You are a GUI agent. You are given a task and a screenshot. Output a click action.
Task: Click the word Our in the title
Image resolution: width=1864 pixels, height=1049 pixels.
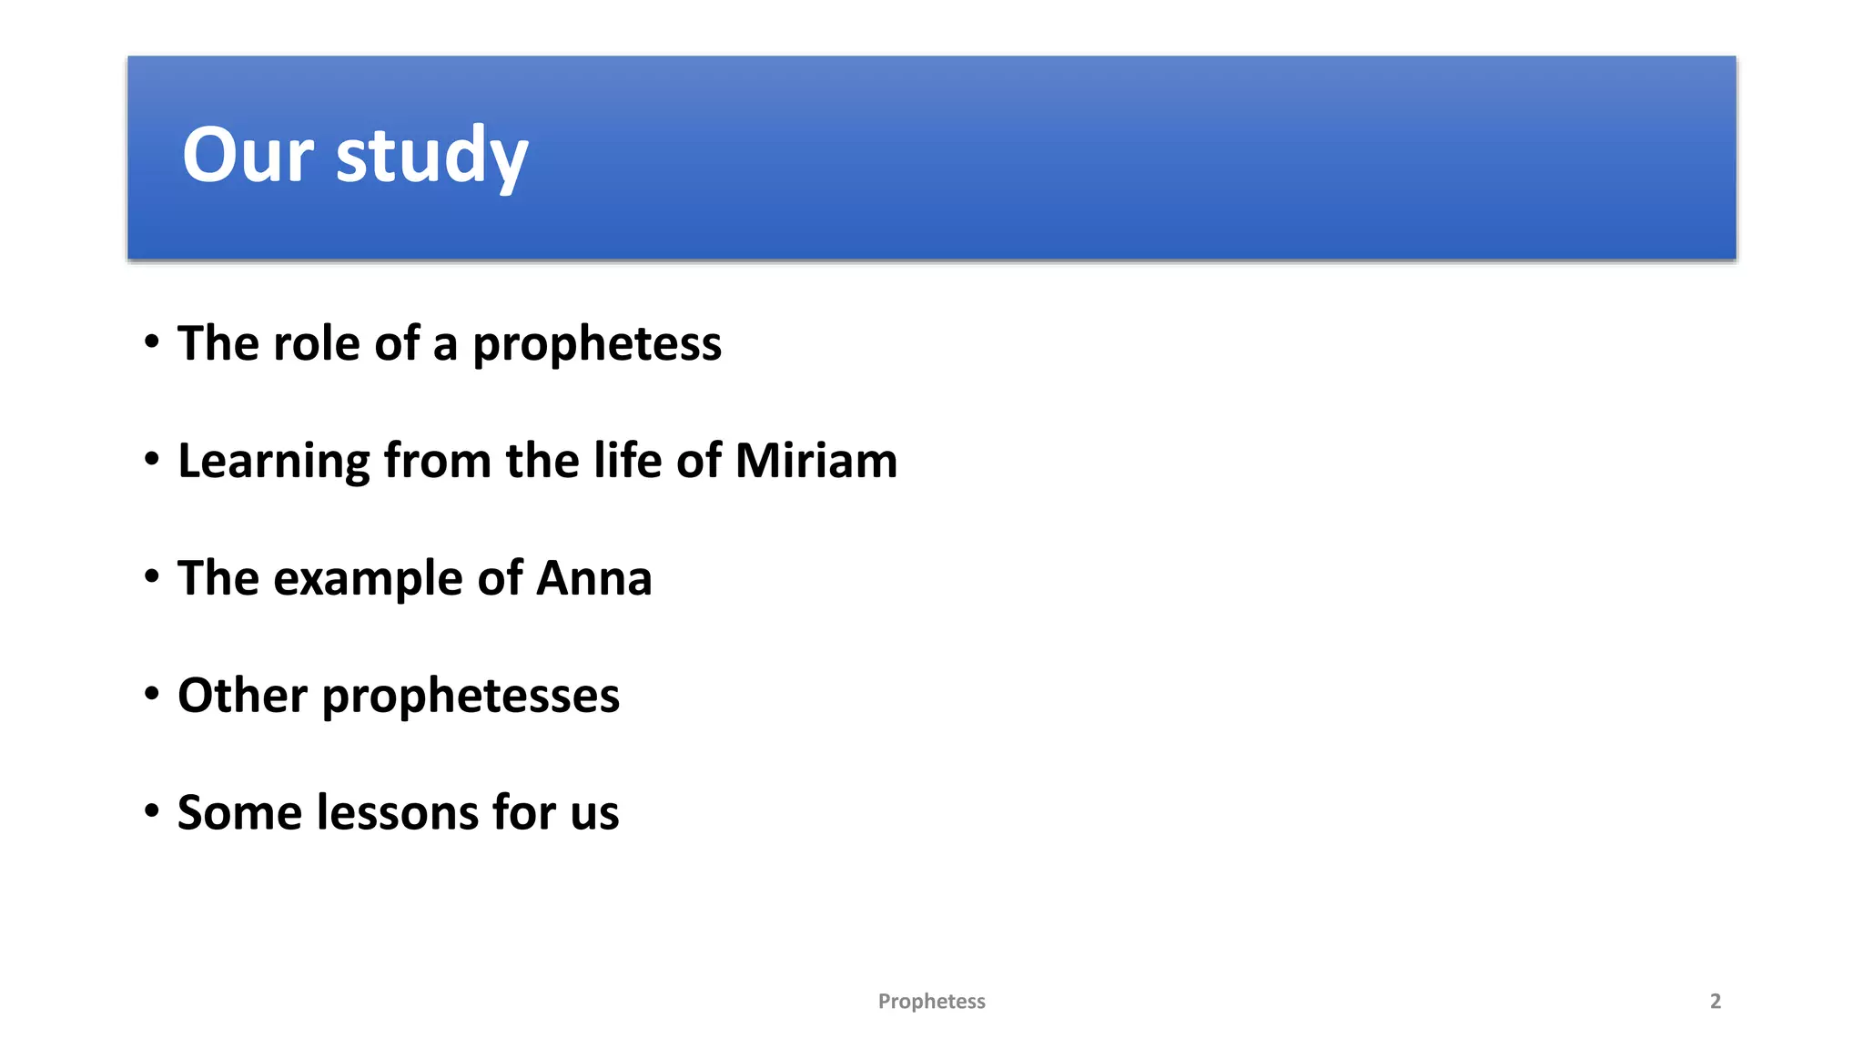coord(248,155)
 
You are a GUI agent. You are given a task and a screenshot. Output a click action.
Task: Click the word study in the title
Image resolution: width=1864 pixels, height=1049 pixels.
coord(431,157)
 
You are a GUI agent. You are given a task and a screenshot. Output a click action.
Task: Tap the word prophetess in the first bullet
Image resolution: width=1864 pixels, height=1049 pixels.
coord(596,345)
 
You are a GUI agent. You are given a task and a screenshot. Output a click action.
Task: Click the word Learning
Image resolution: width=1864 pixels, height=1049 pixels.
coord(273,462)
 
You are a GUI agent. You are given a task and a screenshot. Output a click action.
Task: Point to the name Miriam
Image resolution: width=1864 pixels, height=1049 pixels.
coord(815,460)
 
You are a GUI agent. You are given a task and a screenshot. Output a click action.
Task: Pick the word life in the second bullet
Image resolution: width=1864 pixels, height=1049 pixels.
coord(627,460)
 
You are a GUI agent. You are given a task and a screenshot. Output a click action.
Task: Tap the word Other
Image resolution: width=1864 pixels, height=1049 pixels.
coord(242,695)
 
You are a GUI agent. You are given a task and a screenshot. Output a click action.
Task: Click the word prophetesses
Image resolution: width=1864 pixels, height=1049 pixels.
coord(471,697)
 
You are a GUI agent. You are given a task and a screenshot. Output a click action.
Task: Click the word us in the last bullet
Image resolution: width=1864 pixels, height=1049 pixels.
coord(594,814)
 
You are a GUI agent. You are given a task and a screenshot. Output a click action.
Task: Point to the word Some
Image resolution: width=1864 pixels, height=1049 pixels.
coord(238,812)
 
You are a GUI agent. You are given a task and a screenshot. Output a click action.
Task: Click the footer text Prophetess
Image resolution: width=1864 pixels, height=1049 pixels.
coord(931,1002)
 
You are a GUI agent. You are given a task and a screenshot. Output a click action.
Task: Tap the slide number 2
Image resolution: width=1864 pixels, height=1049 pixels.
coord(1715,1002)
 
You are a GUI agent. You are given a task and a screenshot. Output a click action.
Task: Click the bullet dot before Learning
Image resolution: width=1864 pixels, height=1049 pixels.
coord(152,460)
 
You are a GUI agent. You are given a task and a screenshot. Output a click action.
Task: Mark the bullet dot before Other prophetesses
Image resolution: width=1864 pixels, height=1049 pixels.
coord(152,695)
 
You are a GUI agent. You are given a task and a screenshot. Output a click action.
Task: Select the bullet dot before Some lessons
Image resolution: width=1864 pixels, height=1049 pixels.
coord(152,811)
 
